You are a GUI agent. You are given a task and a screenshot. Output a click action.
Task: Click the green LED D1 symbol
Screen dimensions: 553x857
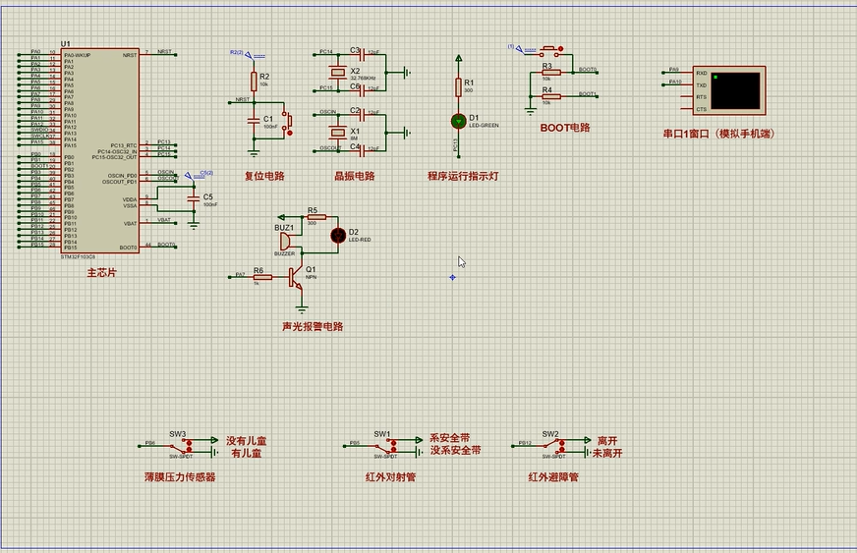458,121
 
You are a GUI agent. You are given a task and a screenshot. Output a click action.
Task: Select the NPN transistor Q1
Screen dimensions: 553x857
296,278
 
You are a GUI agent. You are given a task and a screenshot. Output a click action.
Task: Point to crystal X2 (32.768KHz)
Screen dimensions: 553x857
339,72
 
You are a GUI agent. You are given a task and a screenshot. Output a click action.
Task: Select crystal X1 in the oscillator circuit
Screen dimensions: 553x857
339,132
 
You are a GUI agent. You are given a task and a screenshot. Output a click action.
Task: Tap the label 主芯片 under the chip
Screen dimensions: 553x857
101,272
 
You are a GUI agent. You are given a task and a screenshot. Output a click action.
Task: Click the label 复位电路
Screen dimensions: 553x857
264,177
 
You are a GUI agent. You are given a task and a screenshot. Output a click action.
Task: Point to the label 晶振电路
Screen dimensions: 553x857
354,177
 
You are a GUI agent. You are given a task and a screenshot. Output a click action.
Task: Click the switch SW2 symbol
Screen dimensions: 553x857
550,445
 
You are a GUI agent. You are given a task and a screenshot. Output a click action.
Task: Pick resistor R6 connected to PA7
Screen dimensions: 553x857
261,278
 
